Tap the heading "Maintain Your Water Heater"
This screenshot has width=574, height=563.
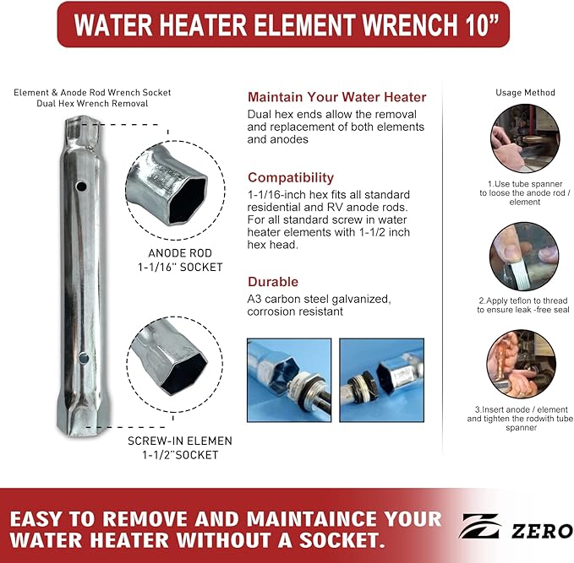(x=336, y=97)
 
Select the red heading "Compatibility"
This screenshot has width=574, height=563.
(x=290, y=178)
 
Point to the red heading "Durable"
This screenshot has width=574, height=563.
(x=272, y=282)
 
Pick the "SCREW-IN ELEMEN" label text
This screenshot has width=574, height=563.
(x=180, y=441)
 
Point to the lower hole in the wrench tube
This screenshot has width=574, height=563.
(x=83, y=359)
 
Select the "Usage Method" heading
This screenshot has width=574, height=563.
(x=525, y=92)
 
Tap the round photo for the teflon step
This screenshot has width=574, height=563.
(x=523, y=254)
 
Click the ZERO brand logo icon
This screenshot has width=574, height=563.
(x=482, y=530)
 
